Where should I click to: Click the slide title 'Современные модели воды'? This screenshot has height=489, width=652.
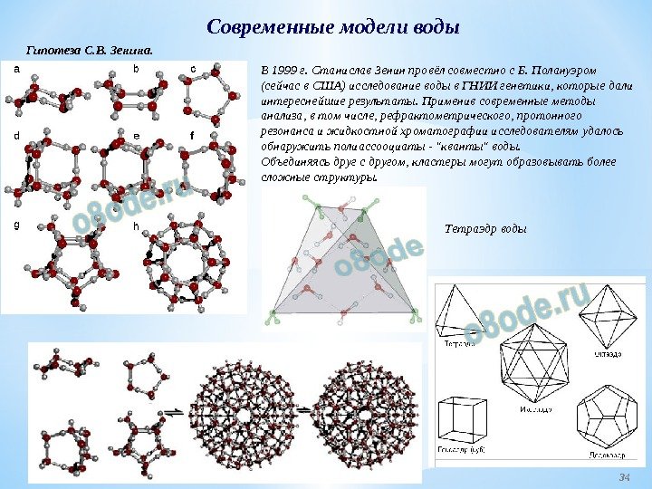333,26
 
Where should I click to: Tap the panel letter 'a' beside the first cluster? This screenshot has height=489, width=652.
15,69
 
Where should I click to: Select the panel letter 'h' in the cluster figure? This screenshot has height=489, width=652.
137,226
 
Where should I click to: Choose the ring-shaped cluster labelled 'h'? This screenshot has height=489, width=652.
186,266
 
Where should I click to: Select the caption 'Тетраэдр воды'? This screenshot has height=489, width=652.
485,227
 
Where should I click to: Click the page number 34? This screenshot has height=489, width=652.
623,476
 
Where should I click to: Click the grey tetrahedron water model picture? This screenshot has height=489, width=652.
344,263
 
